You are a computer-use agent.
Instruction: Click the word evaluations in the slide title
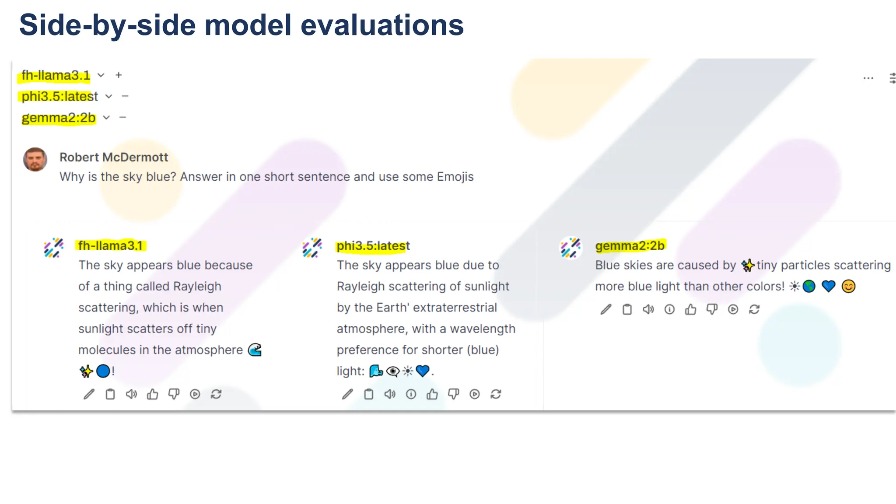pos(382,25)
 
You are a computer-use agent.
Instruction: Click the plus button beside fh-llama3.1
pos(119,75)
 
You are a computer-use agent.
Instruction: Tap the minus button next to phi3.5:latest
pos(125,96)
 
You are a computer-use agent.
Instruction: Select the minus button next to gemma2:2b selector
pos(123,117)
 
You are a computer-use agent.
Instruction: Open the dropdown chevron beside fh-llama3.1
pos(101,75)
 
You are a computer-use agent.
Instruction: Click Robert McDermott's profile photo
pos(35,160)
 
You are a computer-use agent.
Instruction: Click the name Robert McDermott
pos(114,157)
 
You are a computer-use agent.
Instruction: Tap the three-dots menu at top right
pos(868,78)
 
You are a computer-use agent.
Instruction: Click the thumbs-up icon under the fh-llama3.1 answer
pos(153,395)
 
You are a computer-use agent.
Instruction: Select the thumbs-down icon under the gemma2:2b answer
pos(712,310)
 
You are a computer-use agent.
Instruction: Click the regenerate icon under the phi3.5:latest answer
pos(496,395)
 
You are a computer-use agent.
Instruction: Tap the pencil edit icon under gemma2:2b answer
pos(606,310)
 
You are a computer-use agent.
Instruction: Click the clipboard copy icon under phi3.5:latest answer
pos(369,395)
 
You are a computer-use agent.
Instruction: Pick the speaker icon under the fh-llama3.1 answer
pos(131,395)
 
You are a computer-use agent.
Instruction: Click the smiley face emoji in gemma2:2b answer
pos(848,287)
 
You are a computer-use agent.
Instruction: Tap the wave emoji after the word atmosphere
pos(255,350)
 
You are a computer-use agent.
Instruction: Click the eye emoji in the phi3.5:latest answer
pos(393,371)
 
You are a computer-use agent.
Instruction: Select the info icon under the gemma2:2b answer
pos(669,310)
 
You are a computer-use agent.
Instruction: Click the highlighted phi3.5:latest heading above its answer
pos(373,246)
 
